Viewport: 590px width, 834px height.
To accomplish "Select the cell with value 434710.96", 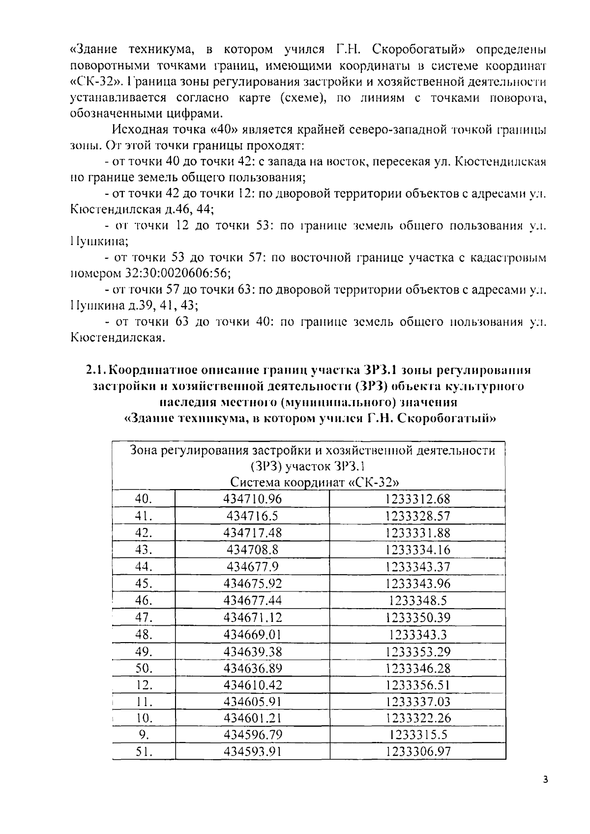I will tap(253, 499).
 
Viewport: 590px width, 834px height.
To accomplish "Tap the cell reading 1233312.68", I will tap(417, 499).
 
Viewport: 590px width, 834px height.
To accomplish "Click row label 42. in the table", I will tap(144, 533).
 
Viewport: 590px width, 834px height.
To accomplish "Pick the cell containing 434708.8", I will tap(253, 550).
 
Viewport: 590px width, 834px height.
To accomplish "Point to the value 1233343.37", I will tap(417, 567).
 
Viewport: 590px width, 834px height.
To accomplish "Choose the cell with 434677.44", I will tap(253, 600).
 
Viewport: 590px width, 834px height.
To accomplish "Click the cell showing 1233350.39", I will tap(417, 618).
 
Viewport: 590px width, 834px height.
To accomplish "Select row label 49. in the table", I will tap(144, 651).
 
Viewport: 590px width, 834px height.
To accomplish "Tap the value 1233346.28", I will tap(417, 668).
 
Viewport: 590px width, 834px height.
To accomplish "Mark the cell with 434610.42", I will tap(253, 685).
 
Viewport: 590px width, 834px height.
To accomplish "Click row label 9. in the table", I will tap(144, 735).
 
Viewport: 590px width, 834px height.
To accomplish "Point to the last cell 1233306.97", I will tap(417, 751).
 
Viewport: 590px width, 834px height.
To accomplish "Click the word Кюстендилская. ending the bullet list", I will tap(117, 338).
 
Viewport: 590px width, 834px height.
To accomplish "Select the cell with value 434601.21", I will tap(253, 718).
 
